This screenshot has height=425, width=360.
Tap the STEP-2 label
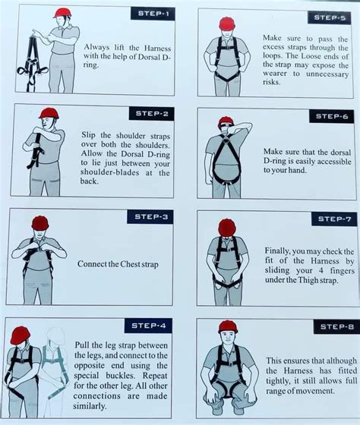click(x=152, y=114)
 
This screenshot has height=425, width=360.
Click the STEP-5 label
click(x=329, y=17)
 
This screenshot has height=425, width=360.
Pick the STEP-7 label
click(x=333, y=219)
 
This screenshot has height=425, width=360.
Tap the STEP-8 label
click(x=335, y=327)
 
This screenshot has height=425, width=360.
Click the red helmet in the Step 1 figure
click(x=62, y=13)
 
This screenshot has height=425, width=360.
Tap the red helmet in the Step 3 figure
click(x=39, y=222)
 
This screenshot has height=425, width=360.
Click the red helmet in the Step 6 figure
click(x=226, y=121)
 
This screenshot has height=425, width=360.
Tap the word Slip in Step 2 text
click(x=90, y=135)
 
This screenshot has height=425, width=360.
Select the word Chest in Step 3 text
click(x=120, y=264)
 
